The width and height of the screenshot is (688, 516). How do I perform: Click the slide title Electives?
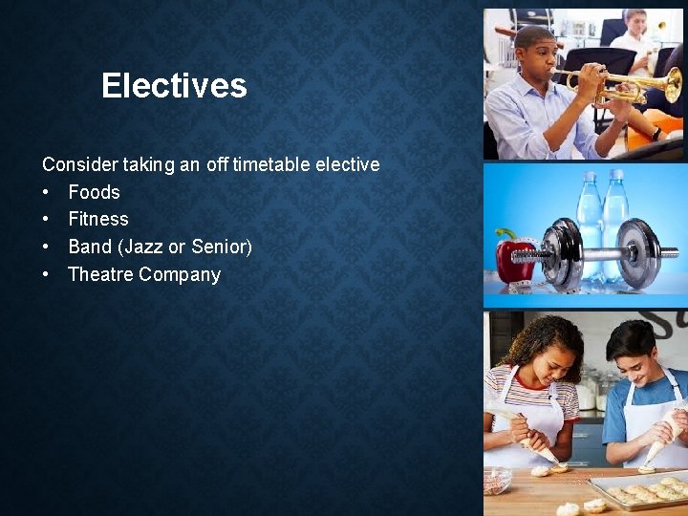click(x=174, y=86)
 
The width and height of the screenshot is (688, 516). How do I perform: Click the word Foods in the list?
click(x=94, y=192)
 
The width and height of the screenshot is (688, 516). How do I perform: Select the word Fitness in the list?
click(x=97, y=219)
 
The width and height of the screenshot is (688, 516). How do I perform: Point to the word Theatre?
click(x=100, y=274)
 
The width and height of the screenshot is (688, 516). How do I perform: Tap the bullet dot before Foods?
click(x=46, y=192)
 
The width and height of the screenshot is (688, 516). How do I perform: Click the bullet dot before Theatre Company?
click(x=46, y=274)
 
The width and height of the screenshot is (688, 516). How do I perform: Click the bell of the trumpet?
click(x=672, y=85)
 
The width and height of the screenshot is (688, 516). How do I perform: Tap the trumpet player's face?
click(x=539, y=56)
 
